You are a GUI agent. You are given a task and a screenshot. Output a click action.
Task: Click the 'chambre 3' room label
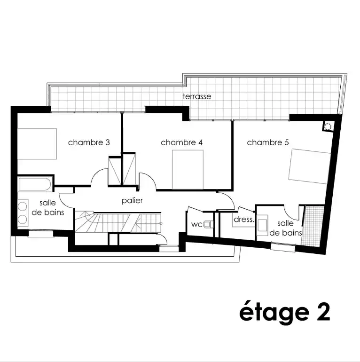click(89, 142)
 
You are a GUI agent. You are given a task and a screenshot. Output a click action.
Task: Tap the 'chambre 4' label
click(181, 142)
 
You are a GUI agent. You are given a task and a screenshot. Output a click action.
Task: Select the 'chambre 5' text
click(268, 142)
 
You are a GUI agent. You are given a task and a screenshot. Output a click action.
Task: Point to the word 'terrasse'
click(197, 96)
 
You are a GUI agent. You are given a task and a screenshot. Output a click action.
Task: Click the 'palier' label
click(132, 201)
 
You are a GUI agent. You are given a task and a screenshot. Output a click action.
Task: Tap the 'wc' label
click(196, 224)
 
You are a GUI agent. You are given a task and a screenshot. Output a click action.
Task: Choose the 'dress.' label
click(244, 220)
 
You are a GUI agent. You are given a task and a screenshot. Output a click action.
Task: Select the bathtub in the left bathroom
click(35, 184)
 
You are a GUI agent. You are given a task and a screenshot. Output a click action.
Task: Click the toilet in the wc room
click(208, 224)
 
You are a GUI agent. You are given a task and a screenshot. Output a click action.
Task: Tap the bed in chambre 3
click(37, 144)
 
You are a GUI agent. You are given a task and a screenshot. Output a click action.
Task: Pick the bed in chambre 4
click(188, 170)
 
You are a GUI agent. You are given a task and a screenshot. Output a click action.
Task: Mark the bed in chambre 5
click(309, 166)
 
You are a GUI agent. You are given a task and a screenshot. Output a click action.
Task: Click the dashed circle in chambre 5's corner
click(328, 126)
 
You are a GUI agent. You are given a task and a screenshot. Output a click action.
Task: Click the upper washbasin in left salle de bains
click(23, 206)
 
